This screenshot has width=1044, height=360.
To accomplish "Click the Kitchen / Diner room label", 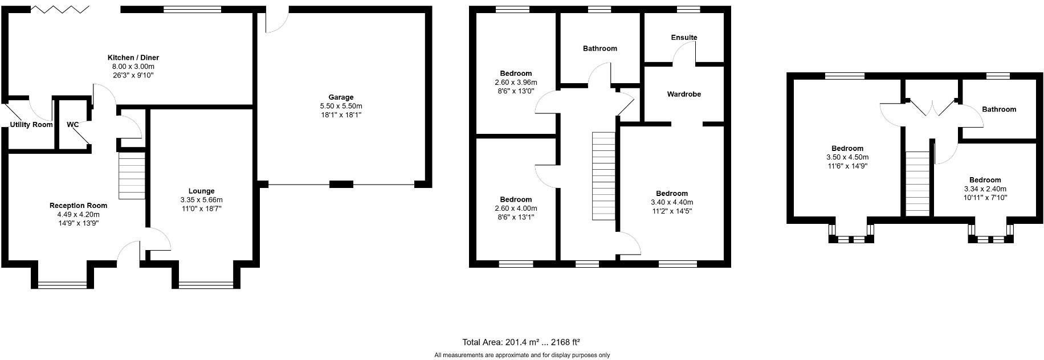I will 133,58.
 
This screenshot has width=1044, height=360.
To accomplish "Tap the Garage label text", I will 341,97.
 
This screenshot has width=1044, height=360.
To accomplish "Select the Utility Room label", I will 31,125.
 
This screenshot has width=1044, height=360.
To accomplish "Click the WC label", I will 73,125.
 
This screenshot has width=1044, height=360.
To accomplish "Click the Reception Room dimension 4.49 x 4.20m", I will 78,215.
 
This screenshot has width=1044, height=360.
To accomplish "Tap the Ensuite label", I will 684,38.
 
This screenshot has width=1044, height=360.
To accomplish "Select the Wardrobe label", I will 684,94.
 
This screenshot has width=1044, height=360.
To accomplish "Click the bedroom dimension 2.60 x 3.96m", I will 516,83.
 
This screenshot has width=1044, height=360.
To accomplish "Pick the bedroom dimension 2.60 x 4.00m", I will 516,208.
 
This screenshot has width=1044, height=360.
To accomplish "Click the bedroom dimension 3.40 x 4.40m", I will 672,202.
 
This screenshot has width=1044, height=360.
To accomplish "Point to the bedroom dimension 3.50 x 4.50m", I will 847,157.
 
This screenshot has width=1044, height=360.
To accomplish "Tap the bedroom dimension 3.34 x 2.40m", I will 985,189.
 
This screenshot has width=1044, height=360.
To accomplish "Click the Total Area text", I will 521,342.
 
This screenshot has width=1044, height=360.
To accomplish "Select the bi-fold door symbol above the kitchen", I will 59,9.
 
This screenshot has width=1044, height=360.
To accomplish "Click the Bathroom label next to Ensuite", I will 600,48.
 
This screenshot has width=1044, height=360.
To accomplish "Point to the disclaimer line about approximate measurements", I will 522,355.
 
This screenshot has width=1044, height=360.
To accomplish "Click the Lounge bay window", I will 206,284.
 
